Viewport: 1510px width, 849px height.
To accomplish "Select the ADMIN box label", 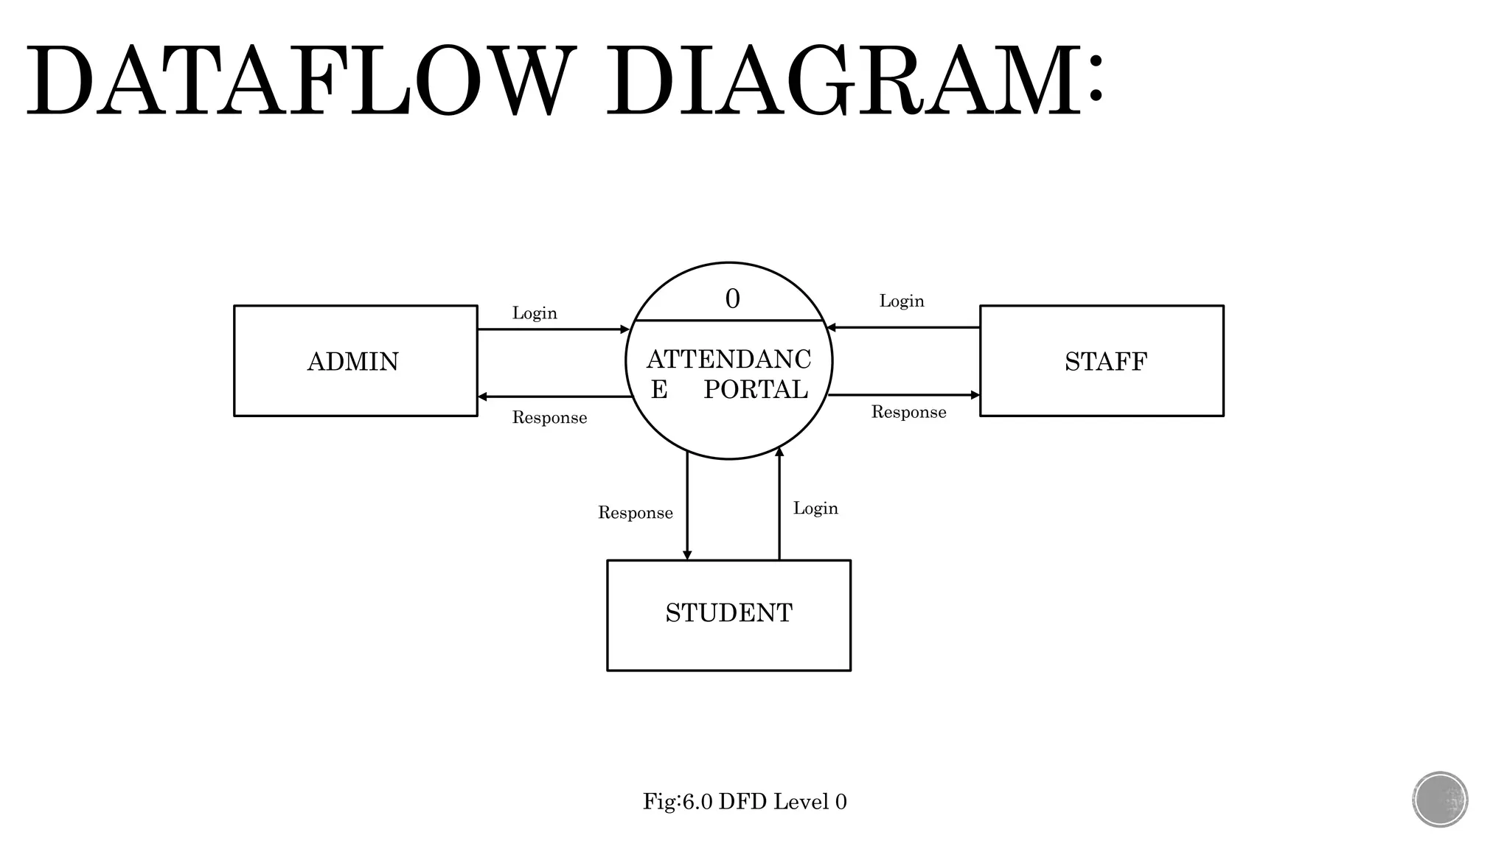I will click(x=352, y=362).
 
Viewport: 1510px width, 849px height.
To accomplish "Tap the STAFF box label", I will click(x=1105, y=362).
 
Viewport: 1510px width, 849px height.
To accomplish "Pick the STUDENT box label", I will click(x=728, y=613).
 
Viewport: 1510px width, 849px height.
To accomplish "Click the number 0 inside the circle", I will click(x=732, y=299).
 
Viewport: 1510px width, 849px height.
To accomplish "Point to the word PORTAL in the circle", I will click(x=756, y=390).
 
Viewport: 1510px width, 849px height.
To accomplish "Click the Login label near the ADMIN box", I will click(x=535, y=313).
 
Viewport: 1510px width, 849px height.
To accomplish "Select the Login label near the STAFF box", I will click(x=901, y=301).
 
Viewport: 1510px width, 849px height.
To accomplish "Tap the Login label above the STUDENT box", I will click(x=815, y=509).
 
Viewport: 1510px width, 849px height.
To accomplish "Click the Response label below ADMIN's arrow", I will click(x=549, y=418).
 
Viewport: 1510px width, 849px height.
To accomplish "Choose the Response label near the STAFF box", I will click(x=908, y=412).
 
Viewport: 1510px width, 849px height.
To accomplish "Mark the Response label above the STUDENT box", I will click(x=635, y=513).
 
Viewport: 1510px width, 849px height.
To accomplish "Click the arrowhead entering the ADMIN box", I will click(x=482, y=396).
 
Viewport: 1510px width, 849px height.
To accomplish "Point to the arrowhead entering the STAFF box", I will click(x=975, y=395).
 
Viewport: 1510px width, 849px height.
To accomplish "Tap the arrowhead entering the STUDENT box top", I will click(x=687, y=555).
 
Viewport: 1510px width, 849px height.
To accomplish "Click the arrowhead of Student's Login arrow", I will click(x=779, y=452).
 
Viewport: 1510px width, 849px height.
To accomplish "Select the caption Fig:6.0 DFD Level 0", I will click(x=745, y=802).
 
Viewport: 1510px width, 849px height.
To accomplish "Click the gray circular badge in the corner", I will click(x=1440, y=800).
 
